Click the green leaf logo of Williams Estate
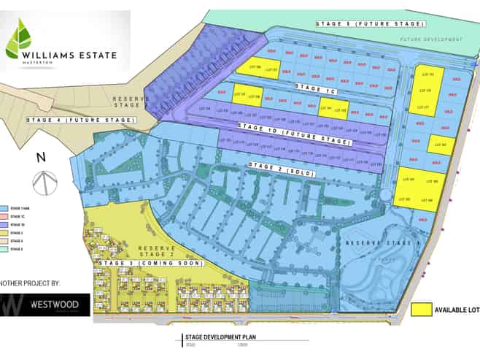[x=19, y=40]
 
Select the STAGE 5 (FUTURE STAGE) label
[x=360, y=24]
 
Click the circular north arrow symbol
[x=44, y=182]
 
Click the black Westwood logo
[x=45, y=305]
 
